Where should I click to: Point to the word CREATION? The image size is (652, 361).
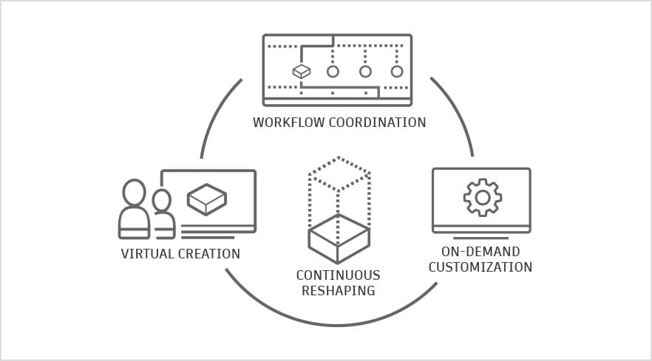(x=209, y=254)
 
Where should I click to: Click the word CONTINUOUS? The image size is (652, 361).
(x=338, y=275)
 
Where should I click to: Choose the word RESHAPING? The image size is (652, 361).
(x=338, y=290)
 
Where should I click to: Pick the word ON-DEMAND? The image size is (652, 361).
(x=480, y=252)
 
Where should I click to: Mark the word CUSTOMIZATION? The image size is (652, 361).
(x=480, y=267)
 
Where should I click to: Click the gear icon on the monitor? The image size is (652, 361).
(x=482, y=197)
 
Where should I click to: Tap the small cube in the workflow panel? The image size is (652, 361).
(x=301, y=72)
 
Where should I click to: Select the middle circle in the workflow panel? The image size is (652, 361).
(x=365, y=72)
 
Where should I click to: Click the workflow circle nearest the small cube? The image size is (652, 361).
(x=333, y=72)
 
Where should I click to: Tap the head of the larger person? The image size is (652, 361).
(x=134, y=193)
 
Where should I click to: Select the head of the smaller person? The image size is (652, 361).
(x=161, y=200)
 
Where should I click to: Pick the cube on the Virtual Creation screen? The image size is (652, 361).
(x=206, y=199)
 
